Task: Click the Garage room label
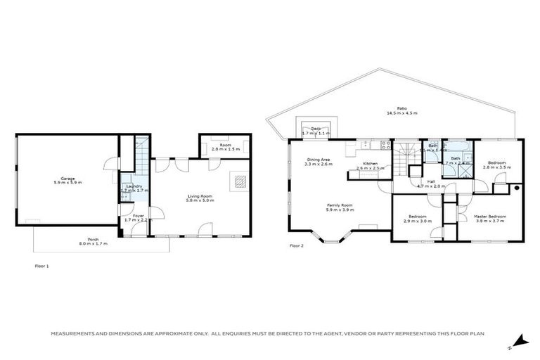coord(67,179)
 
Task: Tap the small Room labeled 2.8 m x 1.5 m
coord(226,147)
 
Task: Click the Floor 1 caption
coord(41,266)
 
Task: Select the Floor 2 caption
coord(296,246)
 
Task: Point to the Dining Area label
coord(318,160)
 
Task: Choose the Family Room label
coord(339,205)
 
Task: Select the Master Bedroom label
coord(489,216)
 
